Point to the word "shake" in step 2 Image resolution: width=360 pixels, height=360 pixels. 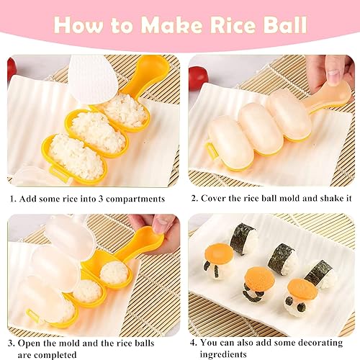[314, 199]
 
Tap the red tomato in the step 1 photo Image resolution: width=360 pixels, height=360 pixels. [11, 69]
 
